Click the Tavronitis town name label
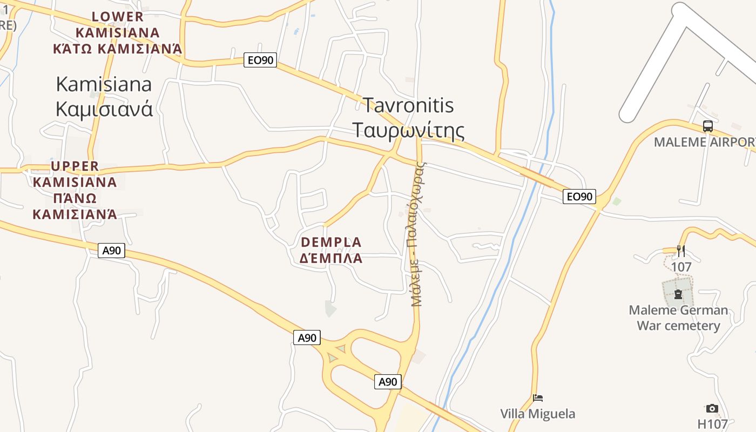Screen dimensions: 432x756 coord(408,105)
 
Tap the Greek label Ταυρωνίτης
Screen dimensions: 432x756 coord(408,130)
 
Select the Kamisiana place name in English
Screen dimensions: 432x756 coord(104,84)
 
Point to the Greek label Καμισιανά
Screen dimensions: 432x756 coord(104,109)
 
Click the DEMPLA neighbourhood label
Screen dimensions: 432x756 coord(331,242)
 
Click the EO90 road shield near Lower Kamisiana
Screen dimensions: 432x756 coord(260,60)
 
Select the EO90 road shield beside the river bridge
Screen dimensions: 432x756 coord(579,197)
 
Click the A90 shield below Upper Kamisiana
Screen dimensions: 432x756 coord(112,251)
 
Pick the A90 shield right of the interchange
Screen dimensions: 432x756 coord(388,382)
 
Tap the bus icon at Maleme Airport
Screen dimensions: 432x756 coord(707,126)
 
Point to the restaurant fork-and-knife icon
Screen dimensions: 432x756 coord(681,251)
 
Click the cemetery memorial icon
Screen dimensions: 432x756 coord(678,295)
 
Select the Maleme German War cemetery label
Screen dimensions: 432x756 coord(678,318)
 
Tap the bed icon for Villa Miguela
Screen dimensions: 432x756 coord(538,398)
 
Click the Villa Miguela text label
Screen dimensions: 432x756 coord(537,414)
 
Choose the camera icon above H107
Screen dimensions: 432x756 coord(712,409)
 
